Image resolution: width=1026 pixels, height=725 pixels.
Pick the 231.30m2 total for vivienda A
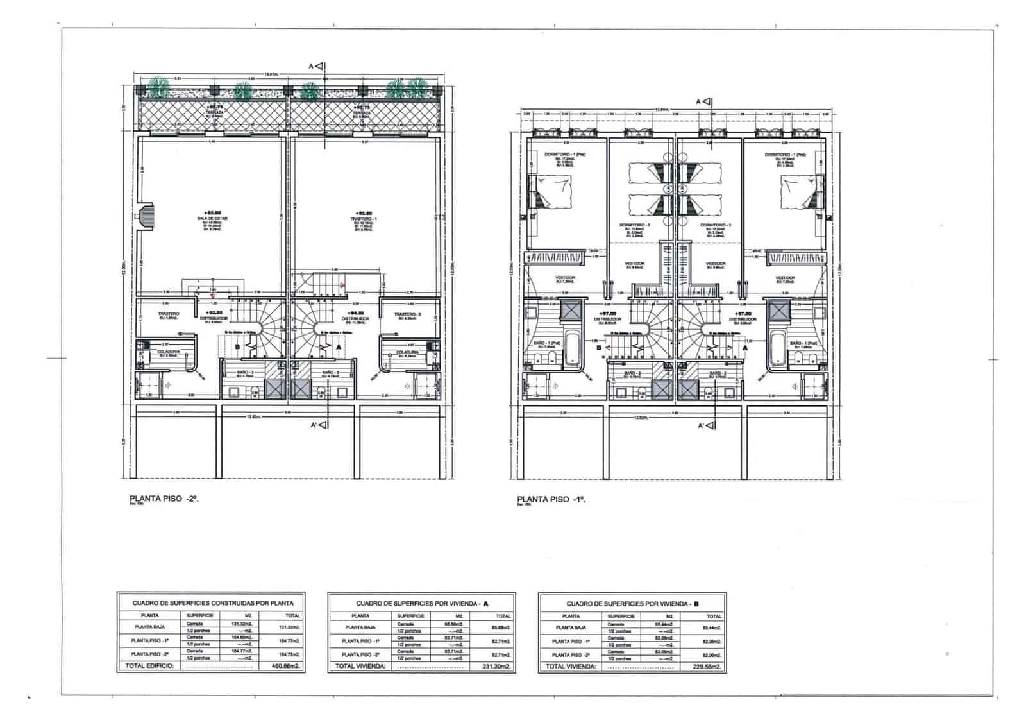click(x=498, y=667)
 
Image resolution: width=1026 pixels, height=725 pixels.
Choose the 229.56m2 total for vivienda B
click(x=708, y=667)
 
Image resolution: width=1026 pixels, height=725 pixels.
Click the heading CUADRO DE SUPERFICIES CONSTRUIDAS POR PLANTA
click(x=212, y=603)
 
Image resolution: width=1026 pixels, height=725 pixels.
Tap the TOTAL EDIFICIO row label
click(x=145, y=667)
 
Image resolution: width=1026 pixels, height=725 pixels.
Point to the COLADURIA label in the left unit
click(x=167, y=351)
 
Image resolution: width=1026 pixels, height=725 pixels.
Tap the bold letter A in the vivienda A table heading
click(x=485, y=603)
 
